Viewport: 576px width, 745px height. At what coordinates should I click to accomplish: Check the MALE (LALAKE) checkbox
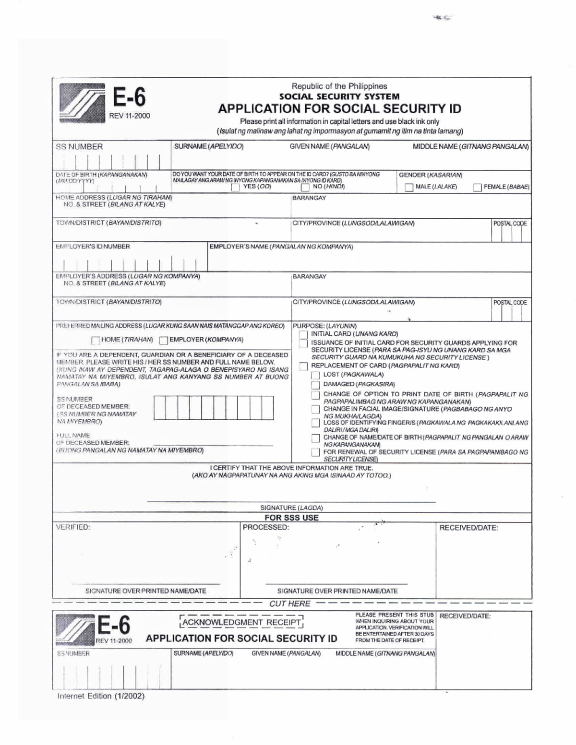(409, 188)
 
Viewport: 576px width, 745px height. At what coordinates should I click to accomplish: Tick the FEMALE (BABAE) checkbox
(477, 188)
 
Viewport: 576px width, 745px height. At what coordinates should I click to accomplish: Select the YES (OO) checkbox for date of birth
(235, 188)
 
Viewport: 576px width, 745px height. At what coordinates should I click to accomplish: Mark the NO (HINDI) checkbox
(305, 188)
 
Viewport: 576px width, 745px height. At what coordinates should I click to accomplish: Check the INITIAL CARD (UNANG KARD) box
(303, 334)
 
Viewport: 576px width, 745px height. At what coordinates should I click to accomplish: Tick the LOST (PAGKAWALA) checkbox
(315, 375)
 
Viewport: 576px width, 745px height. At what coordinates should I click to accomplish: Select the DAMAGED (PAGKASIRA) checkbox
(315, 385)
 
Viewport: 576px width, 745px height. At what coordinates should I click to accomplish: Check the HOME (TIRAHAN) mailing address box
(96, 341)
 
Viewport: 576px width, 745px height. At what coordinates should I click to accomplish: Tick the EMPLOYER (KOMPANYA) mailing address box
(164, 341)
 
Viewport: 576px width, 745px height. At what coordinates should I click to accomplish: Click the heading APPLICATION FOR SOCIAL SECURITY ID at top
(339, 109)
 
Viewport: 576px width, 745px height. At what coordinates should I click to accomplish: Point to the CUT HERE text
(289, 603)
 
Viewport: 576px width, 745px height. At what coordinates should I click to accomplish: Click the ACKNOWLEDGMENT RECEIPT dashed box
(242, 623)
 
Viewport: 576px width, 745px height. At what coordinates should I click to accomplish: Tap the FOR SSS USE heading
(291, 518)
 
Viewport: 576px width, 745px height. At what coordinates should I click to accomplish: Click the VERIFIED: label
(73, 527)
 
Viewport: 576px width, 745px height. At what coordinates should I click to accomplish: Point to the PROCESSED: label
(265, 527)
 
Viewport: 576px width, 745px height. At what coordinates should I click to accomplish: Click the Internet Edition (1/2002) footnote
(101, 696)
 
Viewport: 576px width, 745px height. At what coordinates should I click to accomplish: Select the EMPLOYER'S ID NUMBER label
(93, 247)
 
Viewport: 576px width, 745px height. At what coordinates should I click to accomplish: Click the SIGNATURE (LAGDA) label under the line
(291, 508)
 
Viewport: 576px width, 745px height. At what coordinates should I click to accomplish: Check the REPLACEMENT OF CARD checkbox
(303, 367)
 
